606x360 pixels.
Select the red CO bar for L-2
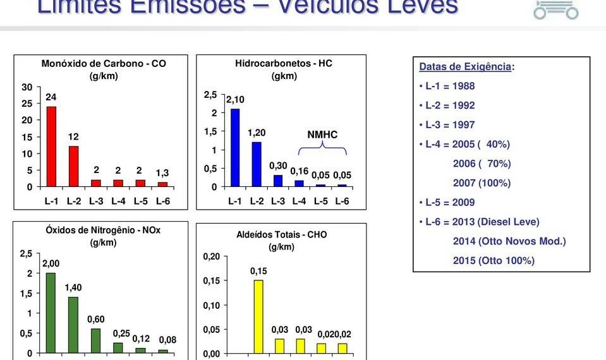73,166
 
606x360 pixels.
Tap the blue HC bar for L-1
235,148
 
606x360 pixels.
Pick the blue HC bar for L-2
256,164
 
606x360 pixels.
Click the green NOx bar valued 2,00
51,312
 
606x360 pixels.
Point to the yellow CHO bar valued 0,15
258,316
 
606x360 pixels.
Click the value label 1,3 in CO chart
162,172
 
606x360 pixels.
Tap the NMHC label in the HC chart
322,135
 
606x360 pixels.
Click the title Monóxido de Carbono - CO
104,64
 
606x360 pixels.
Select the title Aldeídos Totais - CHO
282,234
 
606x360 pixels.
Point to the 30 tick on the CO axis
27,87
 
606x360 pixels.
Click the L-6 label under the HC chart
342,202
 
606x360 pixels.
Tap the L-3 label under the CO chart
96,202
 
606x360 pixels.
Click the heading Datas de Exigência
466,67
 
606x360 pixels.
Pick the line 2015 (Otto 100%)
494,260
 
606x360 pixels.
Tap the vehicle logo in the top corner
555,9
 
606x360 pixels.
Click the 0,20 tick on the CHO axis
211,256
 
